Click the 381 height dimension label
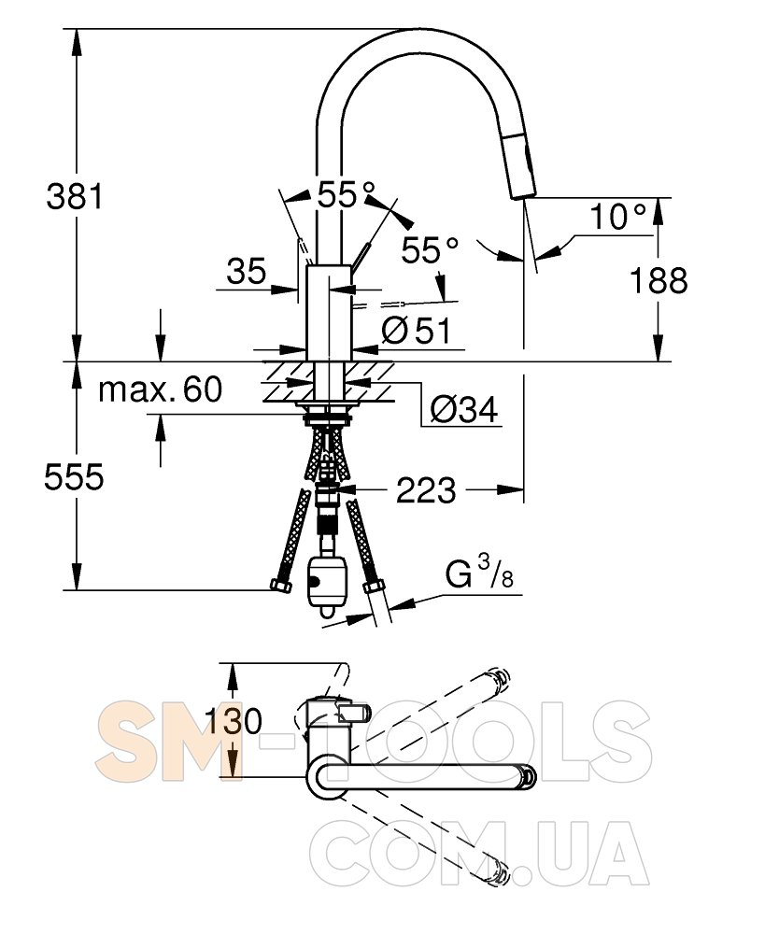point(75,196)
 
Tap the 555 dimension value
point(75,476)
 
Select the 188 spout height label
point(659,280)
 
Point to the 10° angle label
point(617,217)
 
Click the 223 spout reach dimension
point(427,490)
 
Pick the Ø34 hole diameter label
point(464,410)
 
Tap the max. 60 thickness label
point(161,389)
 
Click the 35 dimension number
point(247,272)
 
